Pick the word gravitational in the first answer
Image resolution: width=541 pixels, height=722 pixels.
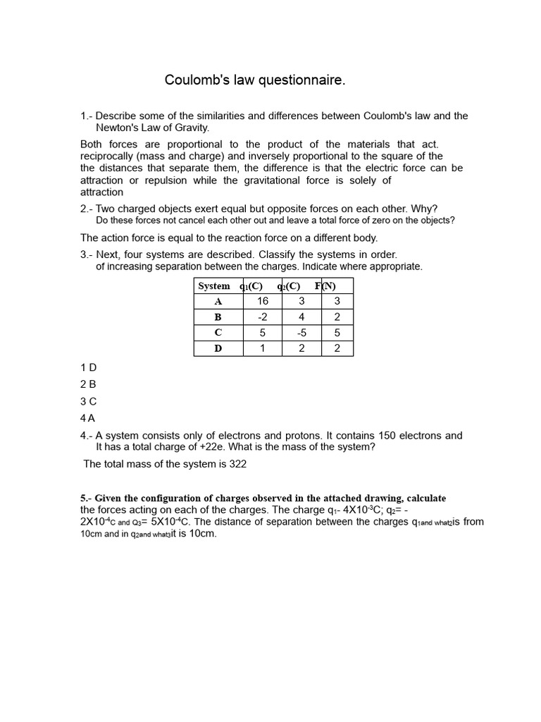275,180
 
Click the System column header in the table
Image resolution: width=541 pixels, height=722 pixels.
214,286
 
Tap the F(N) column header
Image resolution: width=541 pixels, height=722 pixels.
325,286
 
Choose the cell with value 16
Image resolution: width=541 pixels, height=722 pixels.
263,301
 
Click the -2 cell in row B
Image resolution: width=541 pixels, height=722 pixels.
263,317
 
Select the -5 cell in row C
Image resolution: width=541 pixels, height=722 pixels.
301,333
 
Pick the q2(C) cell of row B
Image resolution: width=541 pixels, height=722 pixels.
301,317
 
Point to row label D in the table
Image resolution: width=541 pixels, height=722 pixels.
218,348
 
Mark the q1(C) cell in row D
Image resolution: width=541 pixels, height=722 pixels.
263,348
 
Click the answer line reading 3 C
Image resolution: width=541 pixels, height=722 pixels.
88,401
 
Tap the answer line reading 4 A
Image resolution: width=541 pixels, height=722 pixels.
88,418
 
